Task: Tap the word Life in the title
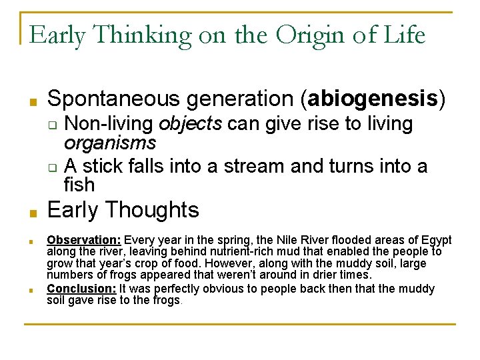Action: coord(404,35)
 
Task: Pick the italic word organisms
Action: coord(110,143)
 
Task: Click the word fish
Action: coord(79,184)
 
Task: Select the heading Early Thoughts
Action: coord(123,210)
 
